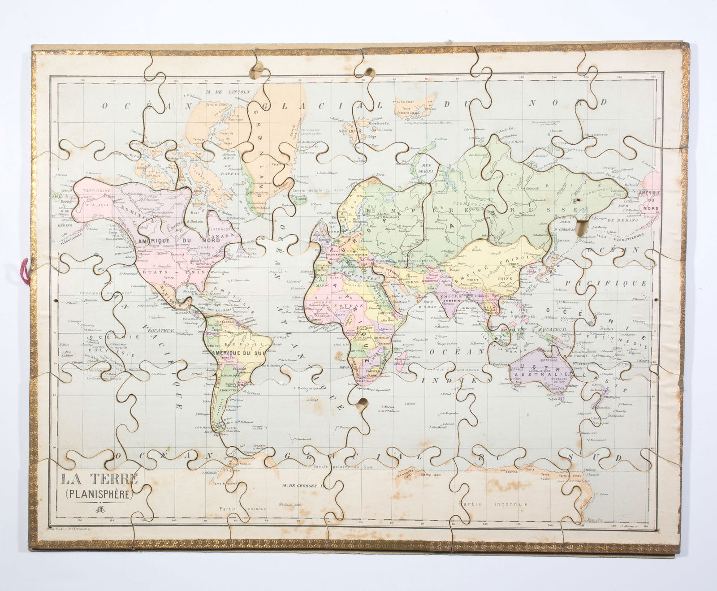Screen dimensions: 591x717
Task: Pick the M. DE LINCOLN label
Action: tap(227, 91)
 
